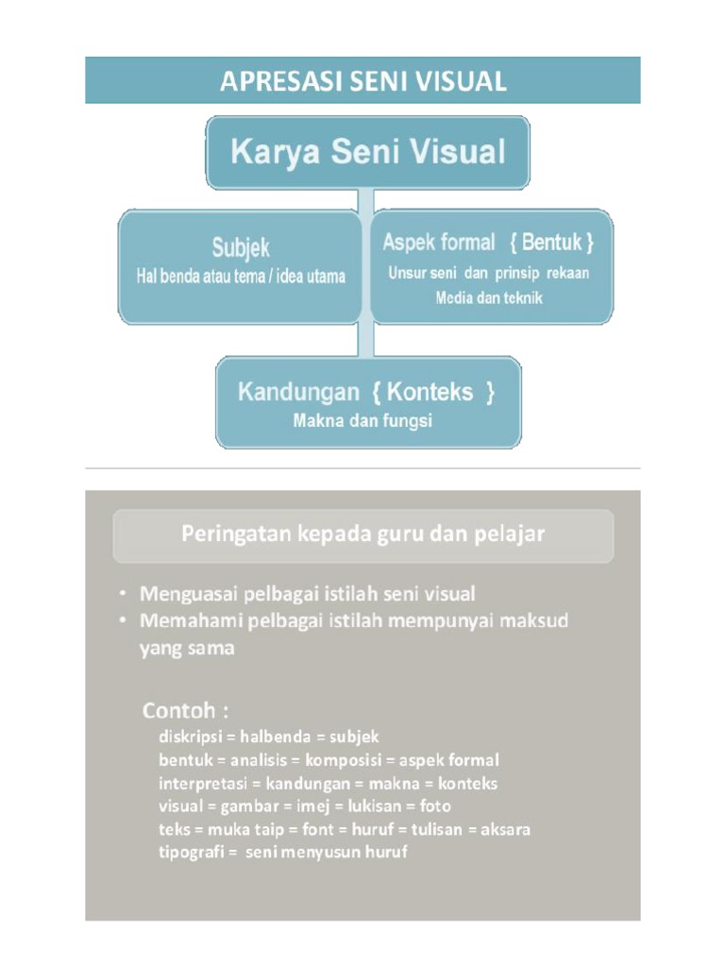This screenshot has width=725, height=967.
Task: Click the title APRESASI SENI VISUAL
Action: click(x=362, y=81)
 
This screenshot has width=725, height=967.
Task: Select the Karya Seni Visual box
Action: click(x=368, y=152)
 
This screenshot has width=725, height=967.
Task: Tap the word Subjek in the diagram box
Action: click(x=240, y=248)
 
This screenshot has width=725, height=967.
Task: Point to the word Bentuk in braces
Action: click(x=551, y=243)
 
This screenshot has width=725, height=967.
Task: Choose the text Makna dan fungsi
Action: click(x=362, y=421)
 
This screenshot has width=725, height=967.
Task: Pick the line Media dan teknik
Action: click(x=489, y=297)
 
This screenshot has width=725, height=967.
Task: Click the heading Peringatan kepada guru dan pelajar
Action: click(x=362, y=534)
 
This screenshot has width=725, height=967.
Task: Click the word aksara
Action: click(x=505, y=830)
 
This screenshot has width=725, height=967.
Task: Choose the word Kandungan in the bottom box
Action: click(x=297, y=392)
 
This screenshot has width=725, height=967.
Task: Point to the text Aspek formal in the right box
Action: click(x=438, y=243)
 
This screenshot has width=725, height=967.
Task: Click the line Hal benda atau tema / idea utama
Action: click(x=241, y=277)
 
